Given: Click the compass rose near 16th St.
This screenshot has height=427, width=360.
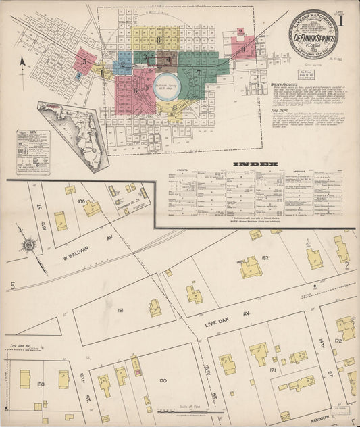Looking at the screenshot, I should pyautogui.click(x=30, y=244).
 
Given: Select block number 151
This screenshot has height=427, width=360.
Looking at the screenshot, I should pyautogui.click(x=120, y=310).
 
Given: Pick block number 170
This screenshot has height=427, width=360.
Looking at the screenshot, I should pyautogui.click(x=162, y=381).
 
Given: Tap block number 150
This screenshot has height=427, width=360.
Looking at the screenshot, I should pyautogui.click(x=41, y=384).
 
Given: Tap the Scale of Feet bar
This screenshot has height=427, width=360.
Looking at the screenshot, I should pyautogui.click(x=190, y=411).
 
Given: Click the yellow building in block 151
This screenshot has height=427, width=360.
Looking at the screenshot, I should pyautogui.click(x=155, y=308).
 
